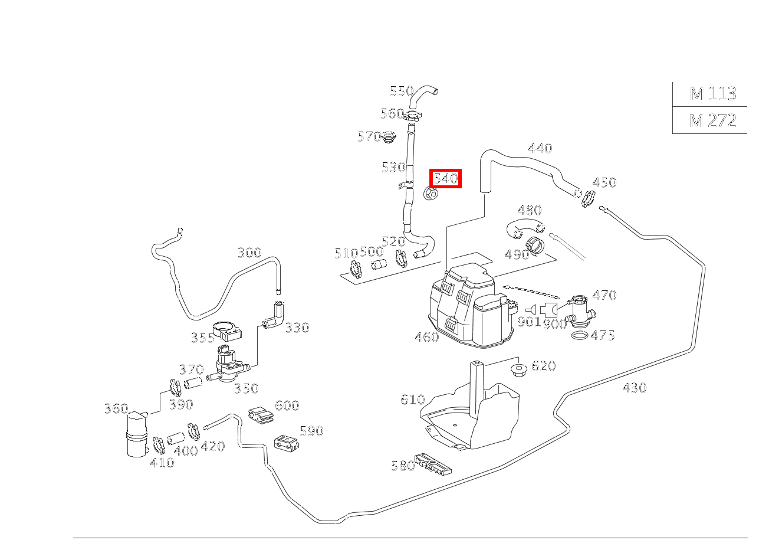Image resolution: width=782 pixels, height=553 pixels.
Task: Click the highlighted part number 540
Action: (x=446, y=178)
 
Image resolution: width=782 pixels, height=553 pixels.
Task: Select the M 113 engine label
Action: (x=712, y=93)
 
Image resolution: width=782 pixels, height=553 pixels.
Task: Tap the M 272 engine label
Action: (x=712, y=120)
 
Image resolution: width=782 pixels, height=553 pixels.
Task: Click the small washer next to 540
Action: (x=432, y=193)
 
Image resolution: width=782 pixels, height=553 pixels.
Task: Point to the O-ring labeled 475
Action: (x=580, y=336)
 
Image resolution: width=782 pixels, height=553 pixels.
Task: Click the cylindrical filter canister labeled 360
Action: (x=137, y=434)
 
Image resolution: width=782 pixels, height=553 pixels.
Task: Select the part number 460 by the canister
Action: (x=426, y=337)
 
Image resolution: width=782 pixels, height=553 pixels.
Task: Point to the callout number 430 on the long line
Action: (x=634, y=388)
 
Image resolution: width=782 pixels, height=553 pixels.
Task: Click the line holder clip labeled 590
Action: (x=286, y=443)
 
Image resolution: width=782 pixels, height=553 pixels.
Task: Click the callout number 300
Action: (x=249, y=253)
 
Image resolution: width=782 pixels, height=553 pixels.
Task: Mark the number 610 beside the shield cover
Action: (x=412, y=400)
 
